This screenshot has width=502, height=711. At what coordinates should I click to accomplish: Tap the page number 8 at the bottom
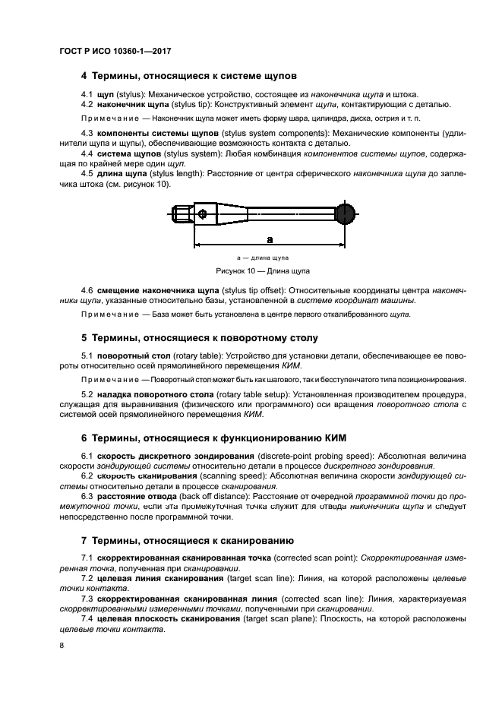pos(62,646)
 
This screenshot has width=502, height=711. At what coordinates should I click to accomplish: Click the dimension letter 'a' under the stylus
pos(270,237)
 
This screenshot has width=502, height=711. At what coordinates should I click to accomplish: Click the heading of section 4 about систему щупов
pos(188,76)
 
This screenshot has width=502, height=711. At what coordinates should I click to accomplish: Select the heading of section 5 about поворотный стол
pos(199,337)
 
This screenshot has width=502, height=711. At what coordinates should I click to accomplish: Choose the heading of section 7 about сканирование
pos(187,541)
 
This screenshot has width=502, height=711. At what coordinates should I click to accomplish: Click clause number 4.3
pos(87,133)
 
